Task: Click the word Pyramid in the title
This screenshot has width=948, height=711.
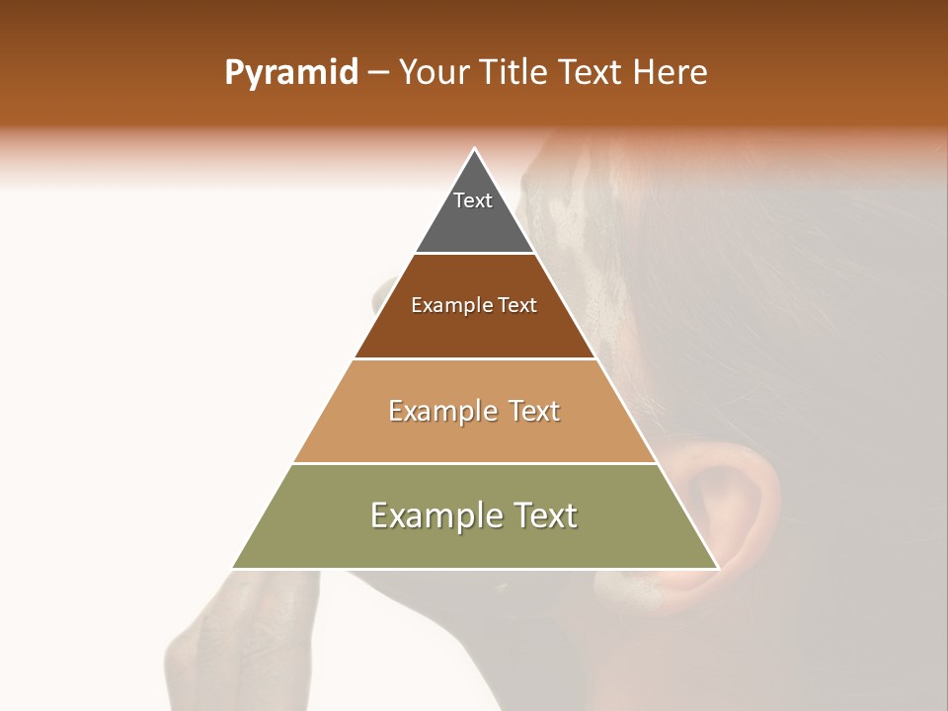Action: coord(290,73)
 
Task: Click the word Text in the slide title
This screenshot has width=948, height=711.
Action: coord(592,73)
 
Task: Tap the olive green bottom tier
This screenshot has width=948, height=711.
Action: coord(475,543)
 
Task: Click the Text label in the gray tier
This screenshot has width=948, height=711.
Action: coord(473,200)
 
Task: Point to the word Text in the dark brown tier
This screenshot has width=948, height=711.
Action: coord(517,306)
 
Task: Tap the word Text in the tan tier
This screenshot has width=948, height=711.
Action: coord(533,411)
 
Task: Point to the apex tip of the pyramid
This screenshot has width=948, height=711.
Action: coord(475,151)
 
